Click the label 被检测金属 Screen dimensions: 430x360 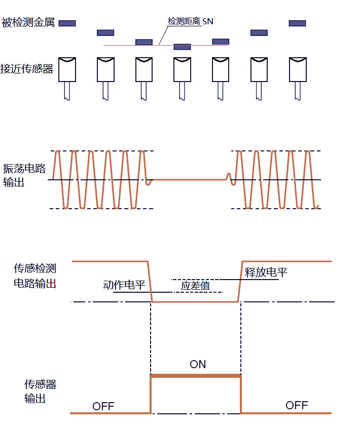(x=28, y=23)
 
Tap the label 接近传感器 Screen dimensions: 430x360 (x=28, y=69)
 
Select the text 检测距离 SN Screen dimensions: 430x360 (x=190, y=21)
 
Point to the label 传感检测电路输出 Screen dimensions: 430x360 (x=34, y=276)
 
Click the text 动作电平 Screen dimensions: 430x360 (x=124, y=285)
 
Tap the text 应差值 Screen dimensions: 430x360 (x=195, y=286)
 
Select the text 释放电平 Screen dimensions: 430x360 (x=266, y=272)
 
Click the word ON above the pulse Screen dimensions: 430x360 (x=198, y=364)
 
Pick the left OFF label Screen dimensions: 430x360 (x=103, y=406)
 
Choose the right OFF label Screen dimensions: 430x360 (x=297, y=405)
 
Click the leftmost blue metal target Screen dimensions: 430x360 (x=67, y=23)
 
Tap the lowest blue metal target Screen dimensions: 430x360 (x=182, y=47)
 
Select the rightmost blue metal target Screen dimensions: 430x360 (x=297, y=23)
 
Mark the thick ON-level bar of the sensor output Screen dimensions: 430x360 (x=196, y=375)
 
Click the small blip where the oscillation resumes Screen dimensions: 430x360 (x=229, y=177)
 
